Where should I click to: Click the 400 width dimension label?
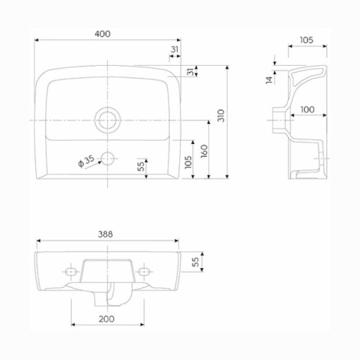tap(103, 34)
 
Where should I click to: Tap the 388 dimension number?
tap(105, 234)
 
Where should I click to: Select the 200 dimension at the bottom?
tap(106, 319)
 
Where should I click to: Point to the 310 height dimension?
tap(221, 116)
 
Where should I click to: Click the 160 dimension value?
tap(205, 151)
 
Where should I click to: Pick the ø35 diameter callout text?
tap(87, 162)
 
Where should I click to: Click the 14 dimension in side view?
tap(269, 80)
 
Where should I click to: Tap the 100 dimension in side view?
tap(307, 110)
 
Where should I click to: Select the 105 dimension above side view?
tap(306, 40)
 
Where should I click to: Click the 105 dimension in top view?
tap(188, 162)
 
